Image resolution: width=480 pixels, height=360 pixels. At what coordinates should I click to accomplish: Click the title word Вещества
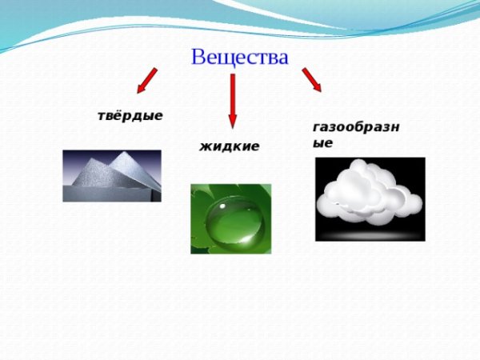tap(239, 57)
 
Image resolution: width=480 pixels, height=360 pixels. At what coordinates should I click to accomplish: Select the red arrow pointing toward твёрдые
tap(145, 80)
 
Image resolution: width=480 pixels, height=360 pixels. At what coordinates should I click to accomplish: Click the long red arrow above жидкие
tap(233, 100)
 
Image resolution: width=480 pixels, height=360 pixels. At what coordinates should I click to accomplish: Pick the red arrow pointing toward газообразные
tap(311, 79)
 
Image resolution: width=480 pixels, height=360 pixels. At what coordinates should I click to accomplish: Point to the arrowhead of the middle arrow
tap(233, 122)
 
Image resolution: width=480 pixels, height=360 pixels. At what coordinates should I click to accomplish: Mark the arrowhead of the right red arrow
tap(316, 86)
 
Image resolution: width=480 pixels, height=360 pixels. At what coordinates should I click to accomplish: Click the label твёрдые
tap(130, 115)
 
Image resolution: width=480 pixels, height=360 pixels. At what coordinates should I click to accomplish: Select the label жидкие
tap(229, 146)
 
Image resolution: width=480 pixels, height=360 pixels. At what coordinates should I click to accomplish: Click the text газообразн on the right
tap(356, 127)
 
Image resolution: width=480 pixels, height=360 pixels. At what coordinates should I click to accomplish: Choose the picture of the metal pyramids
tap(111, 175)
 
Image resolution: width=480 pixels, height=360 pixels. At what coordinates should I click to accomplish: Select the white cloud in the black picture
tap(369, 193)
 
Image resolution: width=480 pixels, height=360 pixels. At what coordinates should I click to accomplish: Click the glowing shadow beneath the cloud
tap(370, 233)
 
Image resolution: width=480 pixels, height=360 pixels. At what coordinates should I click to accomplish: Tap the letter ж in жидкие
tap(205, 146)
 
